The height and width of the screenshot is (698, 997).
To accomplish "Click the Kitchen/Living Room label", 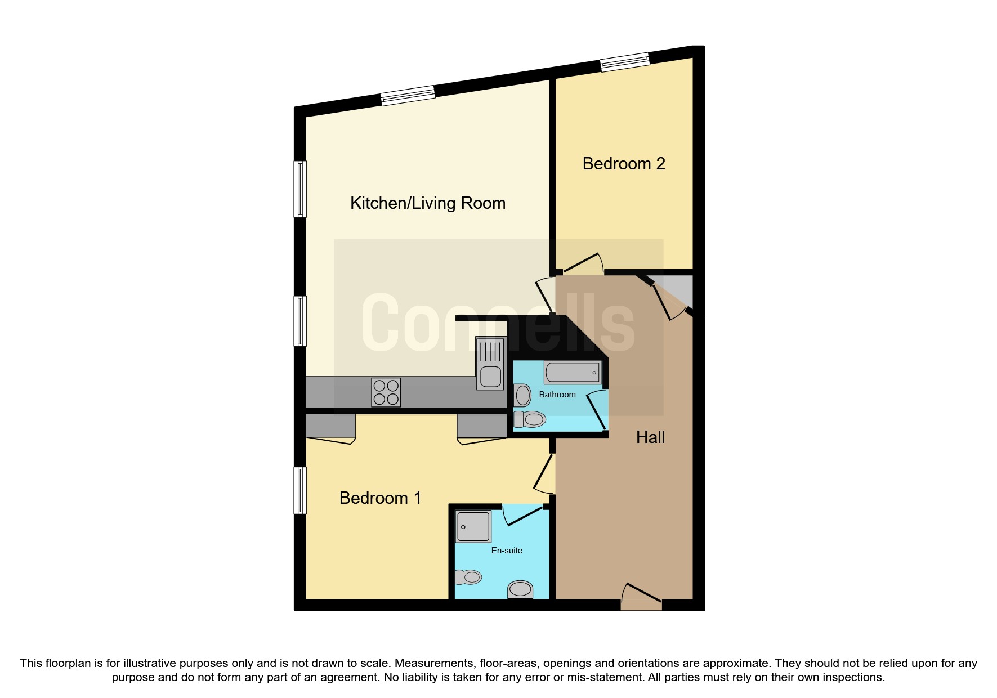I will tap(428, 203).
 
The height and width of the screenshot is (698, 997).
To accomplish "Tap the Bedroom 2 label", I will tap(624, 164).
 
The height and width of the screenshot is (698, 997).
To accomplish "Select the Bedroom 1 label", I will tap(380, 498).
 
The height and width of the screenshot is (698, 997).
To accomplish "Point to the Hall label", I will tap(650, 437).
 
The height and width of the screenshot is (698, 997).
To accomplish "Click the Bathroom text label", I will tap(557, 395).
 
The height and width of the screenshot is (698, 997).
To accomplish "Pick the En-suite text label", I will tap(507, 551).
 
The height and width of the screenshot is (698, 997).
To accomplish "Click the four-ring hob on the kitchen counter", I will tap(386, 392).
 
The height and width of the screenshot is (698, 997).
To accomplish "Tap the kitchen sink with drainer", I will tap(490, 363).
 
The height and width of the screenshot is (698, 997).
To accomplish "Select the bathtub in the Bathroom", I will tap(573, 373).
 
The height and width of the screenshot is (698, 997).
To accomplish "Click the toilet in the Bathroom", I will tap(530, 419).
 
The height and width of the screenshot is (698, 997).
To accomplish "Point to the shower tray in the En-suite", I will tap(473, 526).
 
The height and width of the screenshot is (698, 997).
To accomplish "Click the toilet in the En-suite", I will tap(468, 577).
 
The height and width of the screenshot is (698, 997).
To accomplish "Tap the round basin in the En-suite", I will tap(520, 589).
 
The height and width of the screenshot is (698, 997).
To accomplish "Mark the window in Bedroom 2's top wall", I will tap(625, 62).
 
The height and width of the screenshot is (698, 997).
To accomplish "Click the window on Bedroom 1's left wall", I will tap(301, 490).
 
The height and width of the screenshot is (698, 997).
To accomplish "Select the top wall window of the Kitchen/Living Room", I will tap(408, 96).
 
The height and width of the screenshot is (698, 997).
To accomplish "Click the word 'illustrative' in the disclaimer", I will tap(149, 663).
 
